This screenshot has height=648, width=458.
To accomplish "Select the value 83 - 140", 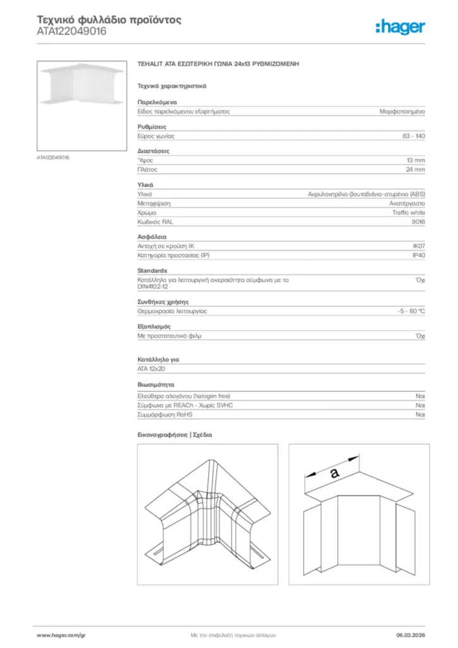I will (x=413, y=136).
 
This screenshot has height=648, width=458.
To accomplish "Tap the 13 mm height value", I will (x=416, y=161).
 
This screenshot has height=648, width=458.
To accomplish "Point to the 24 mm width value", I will (x=416, y=170).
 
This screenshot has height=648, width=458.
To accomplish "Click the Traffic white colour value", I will (x=409, y=213).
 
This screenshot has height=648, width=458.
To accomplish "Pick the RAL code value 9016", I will (x=418, y=222).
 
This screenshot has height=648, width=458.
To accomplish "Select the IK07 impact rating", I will (x=418, y=247).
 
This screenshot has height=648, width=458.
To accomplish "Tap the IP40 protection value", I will (x=418, y=256).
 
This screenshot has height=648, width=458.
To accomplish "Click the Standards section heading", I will (x=152, y=271).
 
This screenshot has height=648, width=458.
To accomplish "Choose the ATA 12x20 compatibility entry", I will (x=151, y=369).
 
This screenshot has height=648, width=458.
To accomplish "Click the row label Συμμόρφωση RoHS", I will (x=165, y=414).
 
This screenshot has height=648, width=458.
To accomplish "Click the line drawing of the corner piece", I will (x=207, y=514).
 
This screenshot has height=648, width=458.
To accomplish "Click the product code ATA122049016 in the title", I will (x=71, y=31).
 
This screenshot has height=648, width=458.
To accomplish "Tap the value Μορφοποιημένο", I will (x=402, y=111).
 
